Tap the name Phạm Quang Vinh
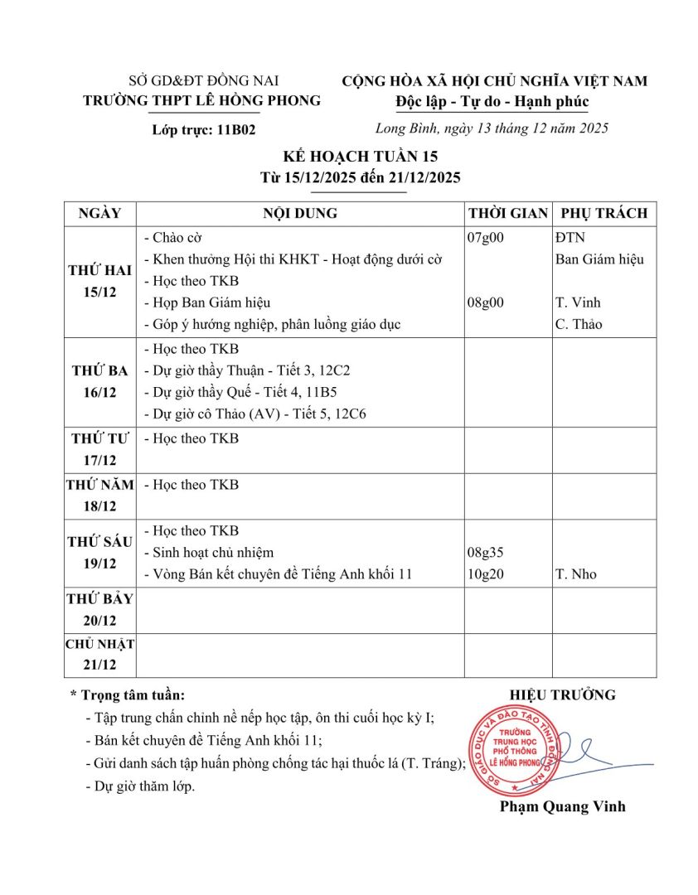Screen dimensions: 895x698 tap(562, 806)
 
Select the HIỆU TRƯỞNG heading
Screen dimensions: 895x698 tap(562, 695)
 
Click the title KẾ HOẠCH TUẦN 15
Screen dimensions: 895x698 tap(348, 157)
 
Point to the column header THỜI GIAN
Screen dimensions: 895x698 tap(507, 214)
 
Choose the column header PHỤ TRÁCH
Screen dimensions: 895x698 tap(603, 214)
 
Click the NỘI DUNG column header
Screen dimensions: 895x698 tap(300, 214)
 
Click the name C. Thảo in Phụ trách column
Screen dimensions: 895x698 tap(579, 324)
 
